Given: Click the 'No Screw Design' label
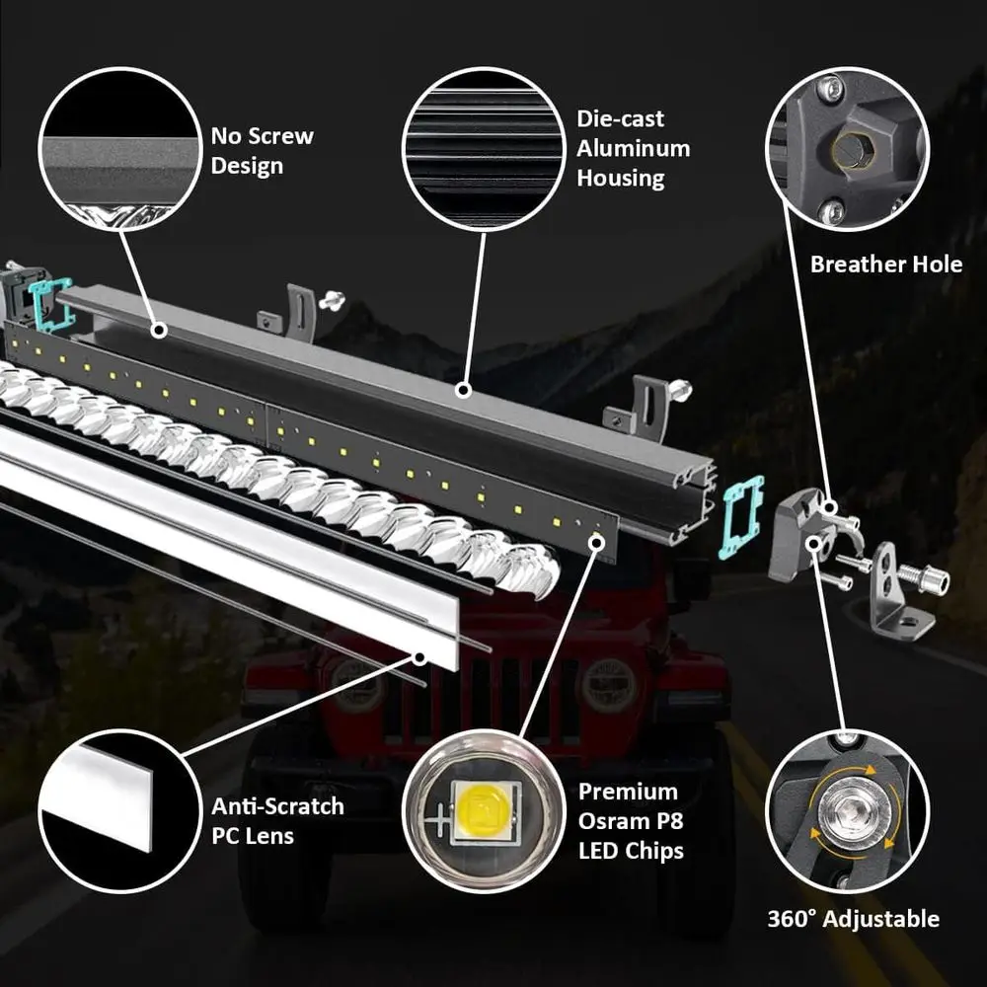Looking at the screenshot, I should pos(262,150).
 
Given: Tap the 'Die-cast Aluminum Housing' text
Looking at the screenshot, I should pos(633,148).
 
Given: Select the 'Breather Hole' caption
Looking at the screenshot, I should pos(885,265).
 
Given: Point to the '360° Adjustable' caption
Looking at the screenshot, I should pos(853,919).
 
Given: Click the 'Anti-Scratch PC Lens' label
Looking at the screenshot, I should pos(277,820).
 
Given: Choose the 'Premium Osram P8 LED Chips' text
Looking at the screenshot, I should pos(631,820).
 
